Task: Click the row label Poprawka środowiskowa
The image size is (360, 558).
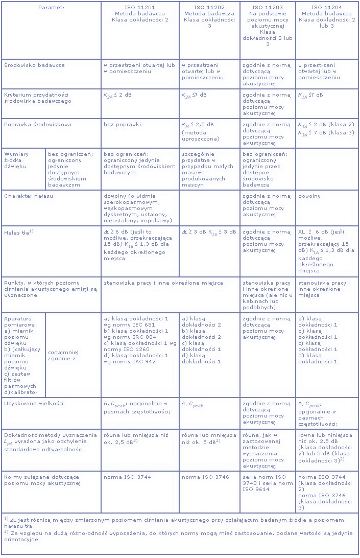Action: point(38,124)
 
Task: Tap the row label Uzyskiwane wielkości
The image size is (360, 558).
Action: point(34,403)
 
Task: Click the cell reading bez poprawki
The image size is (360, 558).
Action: point(121,124)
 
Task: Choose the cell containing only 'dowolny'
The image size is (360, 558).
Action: point(309,196)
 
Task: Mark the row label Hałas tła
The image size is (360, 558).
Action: point(19,232)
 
